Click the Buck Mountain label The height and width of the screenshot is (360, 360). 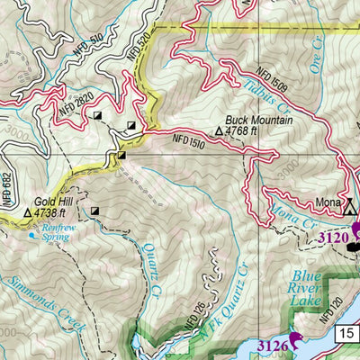pyautogui.click(x=250, y=119)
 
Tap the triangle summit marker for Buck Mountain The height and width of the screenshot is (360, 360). pyautogui.click(x=220, y=131)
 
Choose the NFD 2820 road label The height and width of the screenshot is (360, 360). pyautogui.click(x=76, y=104)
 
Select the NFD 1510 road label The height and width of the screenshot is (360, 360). pyautogui.click(x=184, y=139)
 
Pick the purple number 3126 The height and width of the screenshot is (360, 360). pyautogui.click(x=273, y=344)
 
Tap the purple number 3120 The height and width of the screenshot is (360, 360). pyautogui.click(x=334, y=238)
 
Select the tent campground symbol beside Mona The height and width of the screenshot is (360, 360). pyautogui.click(x=351, y=208)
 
